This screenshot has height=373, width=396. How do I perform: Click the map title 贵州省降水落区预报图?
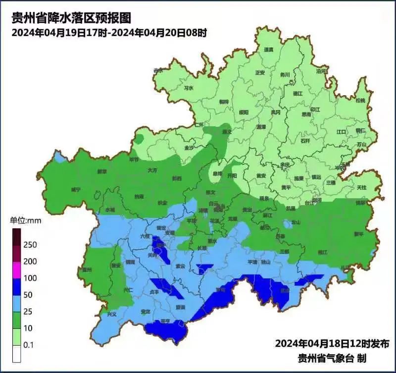coord(71,19)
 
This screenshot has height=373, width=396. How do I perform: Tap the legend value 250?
coord(30,245)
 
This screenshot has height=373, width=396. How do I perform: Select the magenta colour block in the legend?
coord(16,270)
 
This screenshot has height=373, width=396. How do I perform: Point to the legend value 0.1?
coord(29,345)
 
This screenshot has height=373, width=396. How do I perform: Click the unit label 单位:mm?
coord(26,220)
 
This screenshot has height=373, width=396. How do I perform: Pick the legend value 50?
coord(28,295)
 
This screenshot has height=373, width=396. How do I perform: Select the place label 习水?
coord(188,88)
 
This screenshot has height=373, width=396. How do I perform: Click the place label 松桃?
coord(360,101)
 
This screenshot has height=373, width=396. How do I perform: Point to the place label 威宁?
coord(75,190)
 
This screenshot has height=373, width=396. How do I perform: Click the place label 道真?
coord(268,50)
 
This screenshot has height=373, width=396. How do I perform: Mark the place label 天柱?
coord(361,187)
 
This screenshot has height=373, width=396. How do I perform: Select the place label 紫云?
coord(181,266)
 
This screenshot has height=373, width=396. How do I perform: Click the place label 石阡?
coord(305,141)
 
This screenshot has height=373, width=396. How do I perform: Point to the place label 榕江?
coord(322,252)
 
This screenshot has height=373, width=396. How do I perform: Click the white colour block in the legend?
coord(16,354)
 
